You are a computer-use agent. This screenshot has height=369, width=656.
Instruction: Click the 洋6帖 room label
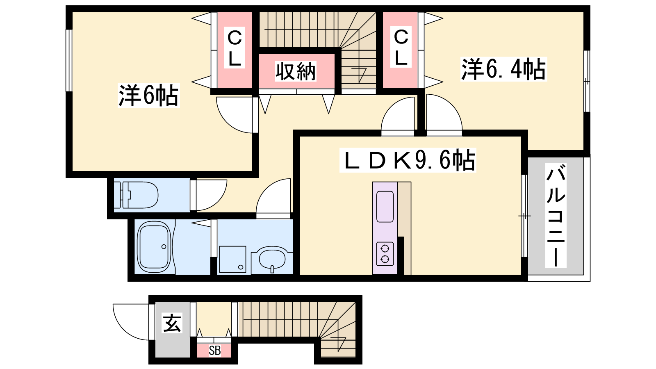[148, 95]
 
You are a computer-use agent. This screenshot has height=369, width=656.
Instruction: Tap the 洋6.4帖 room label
[503, 69]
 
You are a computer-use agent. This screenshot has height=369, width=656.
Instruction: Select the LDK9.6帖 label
[408, 160]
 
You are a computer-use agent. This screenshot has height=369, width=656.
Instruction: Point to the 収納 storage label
[295, 71]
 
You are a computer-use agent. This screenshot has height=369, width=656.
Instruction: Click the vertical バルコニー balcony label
[556, 215]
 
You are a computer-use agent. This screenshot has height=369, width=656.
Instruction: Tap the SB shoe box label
[214, 351]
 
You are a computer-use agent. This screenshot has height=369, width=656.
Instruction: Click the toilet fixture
[136, 195]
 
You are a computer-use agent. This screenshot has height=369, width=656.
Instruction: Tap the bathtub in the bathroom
[154, 247]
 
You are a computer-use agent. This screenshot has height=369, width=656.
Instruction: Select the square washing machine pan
[232, 259]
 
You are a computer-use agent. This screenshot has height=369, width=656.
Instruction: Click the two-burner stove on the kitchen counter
[385, 254]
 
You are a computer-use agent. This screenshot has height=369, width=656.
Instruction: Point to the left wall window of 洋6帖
[69, 60]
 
